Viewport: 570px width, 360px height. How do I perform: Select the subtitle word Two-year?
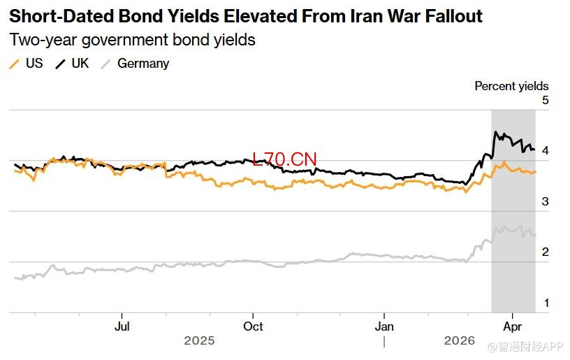41,40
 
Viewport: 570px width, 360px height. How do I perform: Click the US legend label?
34,64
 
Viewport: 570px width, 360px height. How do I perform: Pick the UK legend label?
80,64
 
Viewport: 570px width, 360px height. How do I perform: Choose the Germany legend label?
143,64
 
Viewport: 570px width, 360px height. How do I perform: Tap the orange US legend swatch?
14,64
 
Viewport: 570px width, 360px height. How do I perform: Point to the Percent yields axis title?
511,86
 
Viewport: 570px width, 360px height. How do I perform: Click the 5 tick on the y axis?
545,100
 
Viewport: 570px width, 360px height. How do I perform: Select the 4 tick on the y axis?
545,151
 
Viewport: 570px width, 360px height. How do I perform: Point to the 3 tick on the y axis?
545,201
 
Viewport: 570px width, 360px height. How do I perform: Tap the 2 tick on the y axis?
545,252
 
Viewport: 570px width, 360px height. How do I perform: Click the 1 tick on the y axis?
545,303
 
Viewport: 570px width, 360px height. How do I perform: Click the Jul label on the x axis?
122,326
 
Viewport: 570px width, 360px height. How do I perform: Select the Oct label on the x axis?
253,326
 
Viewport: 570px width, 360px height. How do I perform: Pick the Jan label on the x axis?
384,326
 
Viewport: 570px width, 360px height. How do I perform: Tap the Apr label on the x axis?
513,326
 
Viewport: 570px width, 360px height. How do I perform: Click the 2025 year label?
199,341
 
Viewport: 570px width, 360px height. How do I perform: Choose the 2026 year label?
459,341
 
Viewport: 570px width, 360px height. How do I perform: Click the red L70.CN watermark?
284,160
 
